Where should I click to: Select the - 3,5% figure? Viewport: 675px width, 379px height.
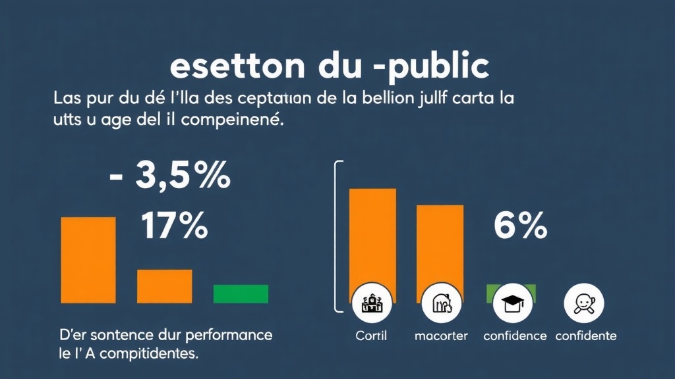[169, 177]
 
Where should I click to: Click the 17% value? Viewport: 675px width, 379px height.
[175, 227]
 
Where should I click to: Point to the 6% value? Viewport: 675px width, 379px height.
[521, 227]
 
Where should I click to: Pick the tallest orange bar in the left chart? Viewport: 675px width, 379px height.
[88, 260]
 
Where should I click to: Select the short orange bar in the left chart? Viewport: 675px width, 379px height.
[164, 286]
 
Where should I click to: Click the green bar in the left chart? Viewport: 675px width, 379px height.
[241, 293]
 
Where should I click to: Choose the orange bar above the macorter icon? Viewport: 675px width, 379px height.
[440, 243]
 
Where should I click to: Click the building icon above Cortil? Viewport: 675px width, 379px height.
[372, 303]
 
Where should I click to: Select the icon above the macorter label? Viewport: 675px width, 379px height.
[440, 303]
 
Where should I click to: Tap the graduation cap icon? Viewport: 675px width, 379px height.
[512, 303]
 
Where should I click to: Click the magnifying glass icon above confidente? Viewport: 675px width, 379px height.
[584, 303]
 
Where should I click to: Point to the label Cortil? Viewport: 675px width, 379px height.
[371, 336]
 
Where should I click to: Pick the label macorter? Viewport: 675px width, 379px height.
[441, 336]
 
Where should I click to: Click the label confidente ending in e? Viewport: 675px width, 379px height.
[586, 336]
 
